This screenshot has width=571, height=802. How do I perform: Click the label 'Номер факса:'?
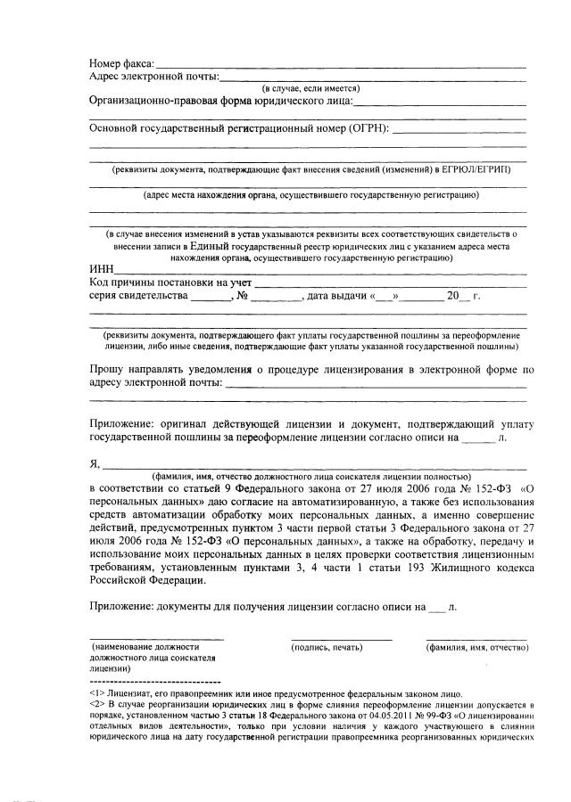point(121,64)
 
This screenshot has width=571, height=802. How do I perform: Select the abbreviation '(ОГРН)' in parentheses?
point(370,128)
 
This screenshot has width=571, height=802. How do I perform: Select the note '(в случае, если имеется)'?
point(310,89)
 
